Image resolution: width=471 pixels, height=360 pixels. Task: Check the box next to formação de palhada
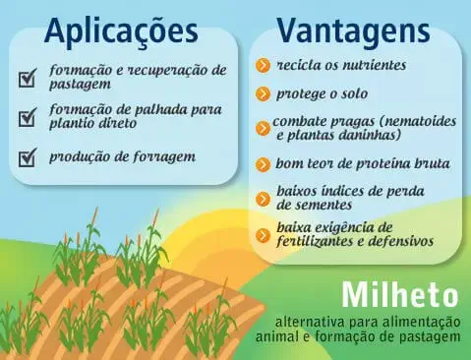28,117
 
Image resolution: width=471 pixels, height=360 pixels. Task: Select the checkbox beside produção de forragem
28,156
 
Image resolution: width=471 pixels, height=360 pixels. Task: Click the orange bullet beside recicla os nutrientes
263,65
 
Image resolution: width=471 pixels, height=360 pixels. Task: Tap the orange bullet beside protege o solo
263,94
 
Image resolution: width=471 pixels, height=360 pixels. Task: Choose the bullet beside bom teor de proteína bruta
263,164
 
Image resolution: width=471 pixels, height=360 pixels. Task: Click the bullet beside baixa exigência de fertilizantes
263,234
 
